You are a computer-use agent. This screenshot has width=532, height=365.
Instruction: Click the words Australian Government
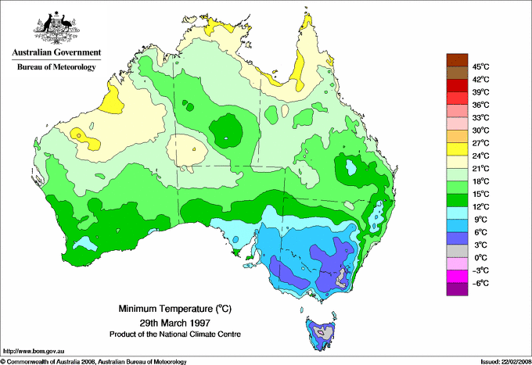tap(56, 53)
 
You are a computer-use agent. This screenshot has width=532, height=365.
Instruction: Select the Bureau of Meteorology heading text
tap(56, 67)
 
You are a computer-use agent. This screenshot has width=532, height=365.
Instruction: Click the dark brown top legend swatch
tap(457, 60)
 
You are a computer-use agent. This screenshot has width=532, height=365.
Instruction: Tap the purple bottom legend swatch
tap(457, 289)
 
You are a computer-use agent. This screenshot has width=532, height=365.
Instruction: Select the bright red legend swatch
tap(457, 86)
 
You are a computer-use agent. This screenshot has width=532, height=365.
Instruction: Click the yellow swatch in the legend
tap(457, 149)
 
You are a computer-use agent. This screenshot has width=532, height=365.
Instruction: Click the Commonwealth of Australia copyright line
tap(94, 360)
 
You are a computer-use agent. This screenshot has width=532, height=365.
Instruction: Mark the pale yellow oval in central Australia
tap(190, 146)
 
